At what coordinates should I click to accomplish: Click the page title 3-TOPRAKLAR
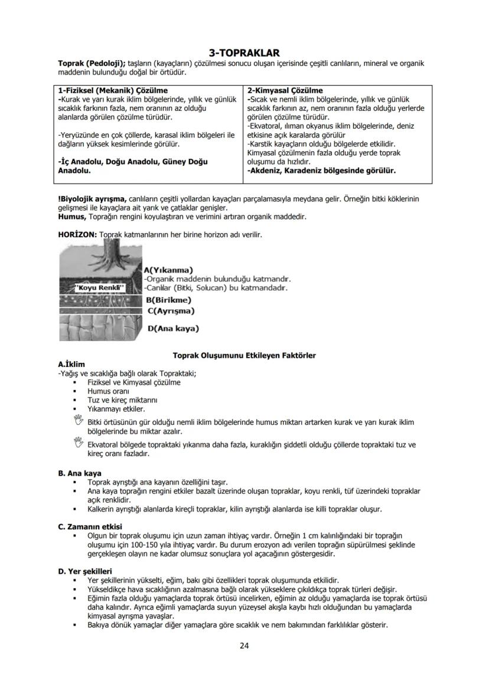pyautogui.click(x=244, y=53)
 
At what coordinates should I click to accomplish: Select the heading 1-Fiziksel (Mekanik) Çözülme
pyautogui.click(x=113, y=91)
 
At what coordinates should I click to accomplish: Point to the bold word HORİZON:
pyautogui.click(x=77, y=235)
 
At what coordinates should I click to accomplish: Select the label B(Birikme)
pyautogui.click(x=168, y=300)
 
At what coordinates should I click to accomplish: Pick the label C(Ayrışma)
pyautogui.click(x=171, y=310)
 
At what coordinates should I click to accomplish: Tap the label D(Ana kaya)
pyautogui.click(x=172, y=328)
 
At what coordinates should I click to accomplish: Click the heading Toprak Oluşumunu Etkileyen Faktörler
pyautogui.click(x=244, y=355)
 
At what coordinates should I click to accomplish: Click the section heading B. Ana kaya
pyautogui.click(x=80, y=473)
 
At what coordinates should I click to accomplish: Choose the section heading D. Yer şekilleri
pyautogui.click(x=84, y=571)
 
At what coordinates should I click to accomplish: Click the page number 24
pyautogui.click(x=244, y=646)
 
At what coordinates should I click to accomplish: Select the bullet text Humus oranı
pyautogui.click(x=108, y=391)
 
